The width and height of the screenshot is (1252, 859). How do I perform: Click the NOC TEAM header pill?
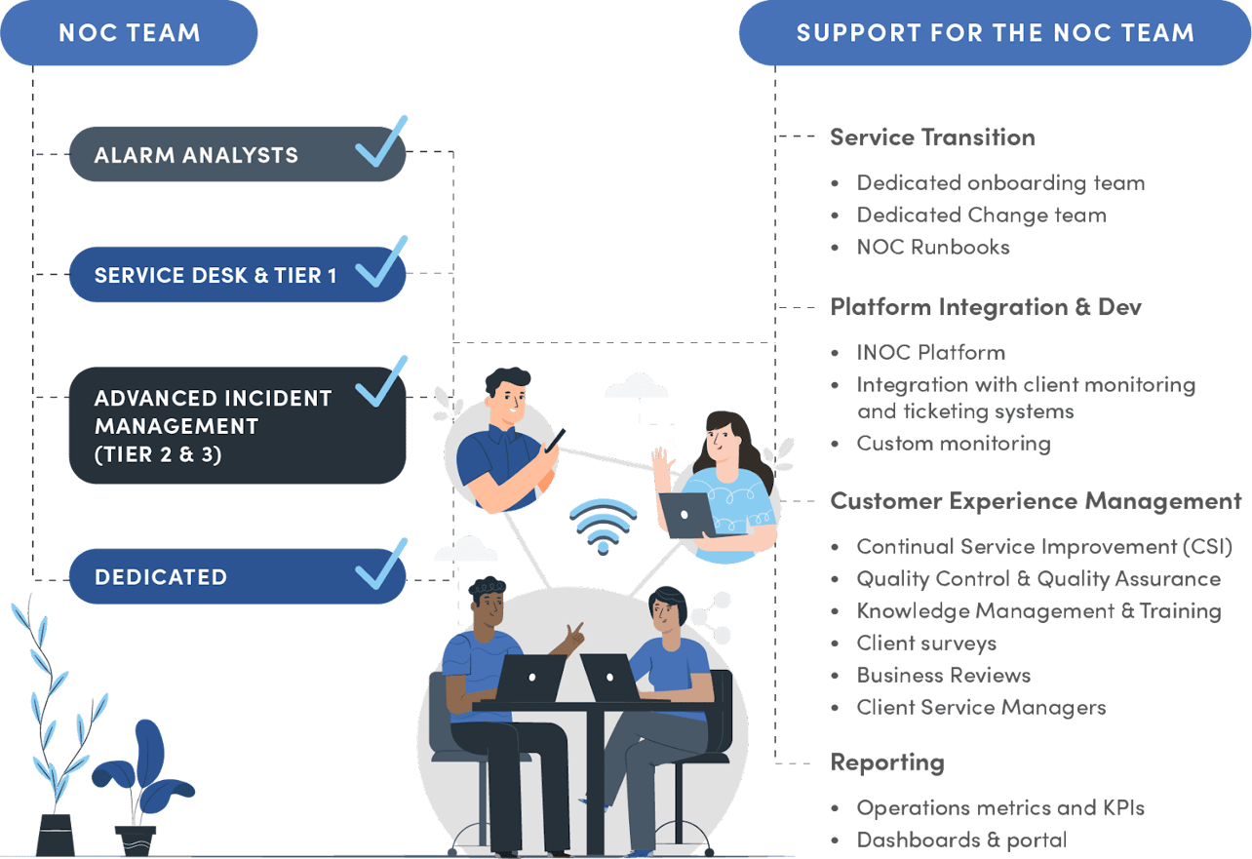click(x=130, y=32)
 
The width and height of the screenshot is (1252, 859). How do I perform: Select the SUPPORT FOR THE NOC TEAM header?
click(x=995, y=32)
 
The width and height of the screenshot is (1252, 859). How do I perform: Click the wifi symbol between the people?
click(x=604, y=527)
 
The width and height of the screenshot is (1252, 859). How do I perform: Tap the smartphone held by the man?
click(x=555, y=441)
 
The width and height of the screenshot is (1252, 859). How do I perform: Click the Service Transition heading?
click(x=932, y=137)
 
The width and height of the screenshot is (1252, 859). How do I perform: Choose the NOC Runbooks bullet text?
click(x=933, y=248)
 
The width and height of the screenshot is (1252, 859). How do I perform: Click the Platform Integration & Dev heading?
click(x=986, y=307)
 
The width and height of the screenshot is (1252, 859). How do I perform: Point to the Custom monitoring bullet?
click(x=954, y=445)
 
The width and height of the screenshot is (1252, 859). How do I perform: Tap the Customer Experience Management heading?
click(x=1035, y=502)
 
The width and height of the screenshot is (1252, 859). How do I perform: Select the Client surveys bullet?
click(x=926, y=644)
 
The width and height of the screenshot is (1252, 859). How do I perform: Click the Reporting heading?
click(x=886, y=762)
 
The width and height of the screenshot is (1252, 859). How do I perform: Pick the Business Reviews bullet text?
click(x=943, y=676)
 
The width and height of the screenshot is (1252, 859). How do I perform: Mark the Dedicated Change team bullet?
click(x=981, y=215)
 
